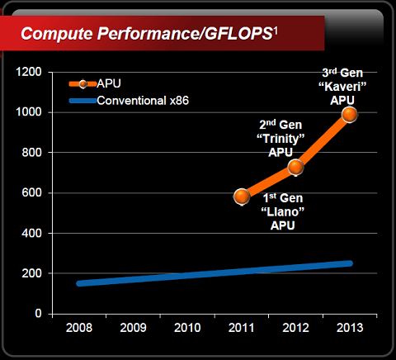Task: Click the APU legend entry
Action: [x=108, y=84]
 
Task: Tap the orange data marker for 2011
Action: [x=242, y=197]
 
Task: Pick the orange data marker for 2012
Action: [x=295, y=168]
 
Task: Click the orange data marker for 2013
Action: [x=349, y=115]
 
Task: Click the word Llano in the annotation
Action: [x=282, y=212]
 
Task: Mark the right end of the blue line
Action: [x=350, y=263]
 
